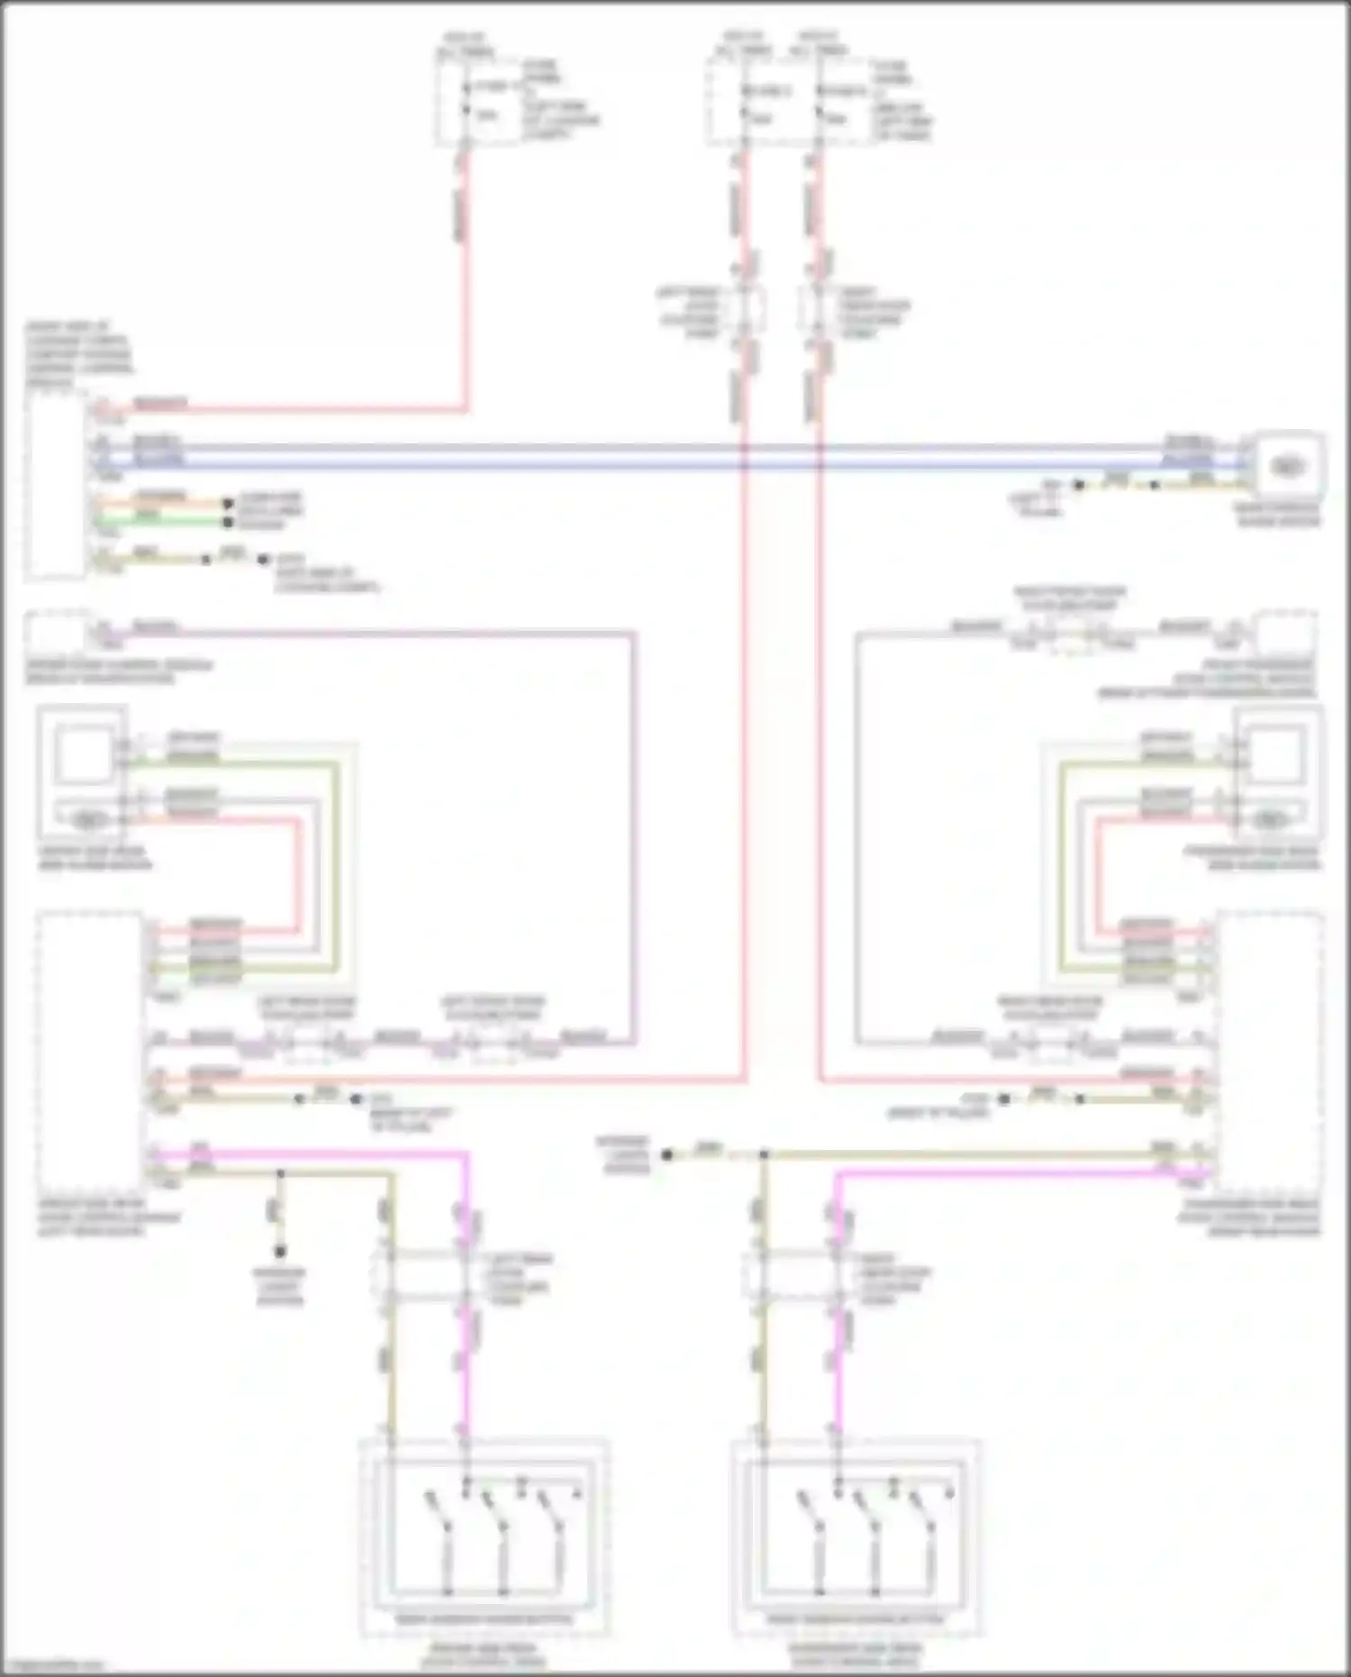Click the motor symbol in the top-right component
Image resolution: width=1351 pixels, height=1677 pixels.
click(x=1287, y=466)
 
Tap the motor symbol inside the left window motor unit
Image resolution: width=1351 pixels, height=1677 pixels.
click(x=87, y=819)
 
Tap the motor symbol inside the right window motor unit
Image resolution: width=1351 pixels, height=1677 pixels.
click(x=1270, y=819)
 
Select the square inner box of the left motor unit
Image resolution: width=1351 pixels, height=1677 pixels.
click(x=82, y=754)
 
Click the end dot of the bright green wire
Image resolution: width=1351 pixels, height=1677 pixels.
click(x=229, y=522)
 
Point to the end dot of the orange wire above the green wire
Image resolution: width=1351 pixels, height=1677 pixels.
click(x=229, y=504)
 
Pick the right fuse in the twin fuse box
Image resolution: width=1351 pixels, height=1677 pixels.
click(x=819, y=103)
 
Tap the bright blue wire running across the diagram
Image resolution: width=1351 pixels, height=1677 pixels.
click(x=630, y=466)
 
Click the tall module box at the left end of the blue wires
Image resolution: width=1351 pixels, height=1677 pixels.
click(x=56, y=487)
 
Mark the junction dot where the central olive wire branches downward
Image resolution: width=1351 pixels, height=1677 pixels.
click(x=764, y=1154)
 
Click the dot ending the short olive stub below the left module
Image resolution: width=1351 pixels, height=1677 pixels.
click(x=280, y=1252)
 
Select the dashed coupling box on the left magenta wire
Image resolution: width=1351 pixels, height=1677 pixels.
click(x=423, y=1273)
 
